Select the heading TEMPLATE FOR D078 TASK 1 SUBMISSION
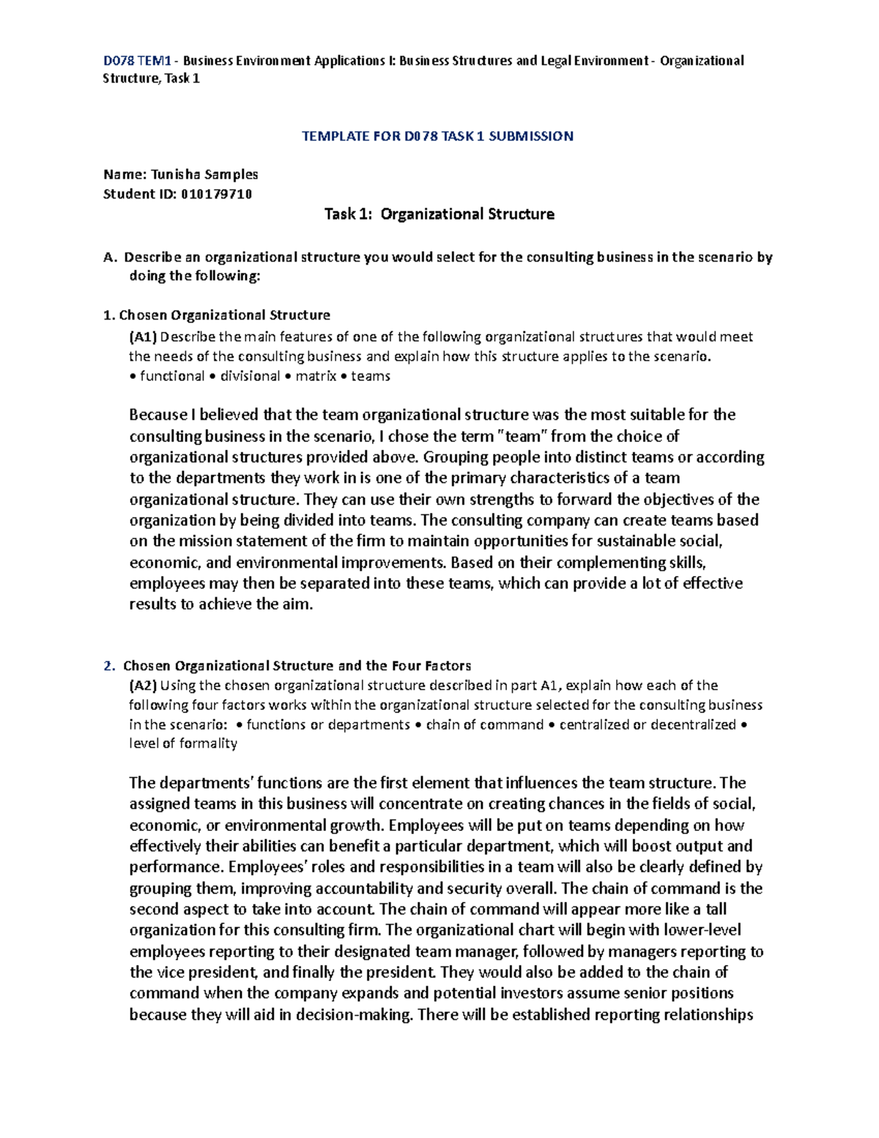437,136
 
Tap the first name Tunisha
175,174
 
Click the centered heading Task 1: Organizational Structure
439,215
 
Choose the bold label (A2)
143,686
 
